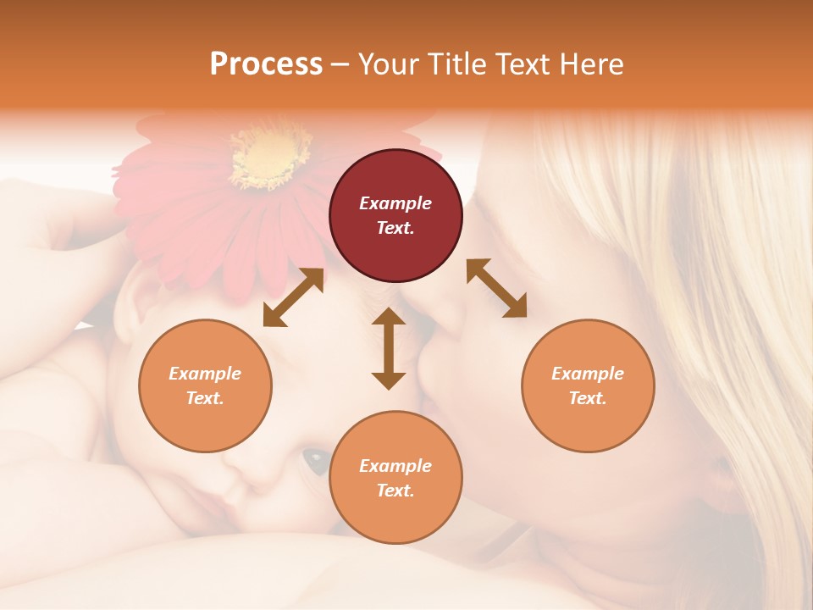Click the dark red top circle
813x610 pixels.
coord(395,215)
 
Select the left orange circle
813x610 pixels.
coord(205,385)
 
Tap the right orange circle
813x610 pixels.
coord(588,385)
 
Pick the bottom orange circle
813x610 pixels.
coord(395,477)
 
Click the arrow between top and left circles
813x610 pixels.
coord(293,297)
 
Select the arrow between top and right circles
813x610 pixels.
coord(496,288)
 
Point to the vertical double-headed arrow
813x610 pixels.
coord(389,348)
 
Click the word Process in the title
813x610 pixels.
coord(266,64)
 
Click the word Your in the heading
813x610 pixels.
coord(388,64)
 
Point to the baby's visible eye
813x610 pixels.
coord(317,460)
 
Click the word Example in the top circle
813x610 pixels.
coord(395,203)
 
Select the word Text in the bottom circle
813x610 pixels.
coord(395,491)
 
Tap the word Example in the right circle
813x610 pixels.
coord(588,374)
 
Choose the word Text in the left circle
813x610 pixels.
coord(205,398)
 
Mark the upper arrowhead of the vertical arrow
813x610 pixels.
coord(389,317)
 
